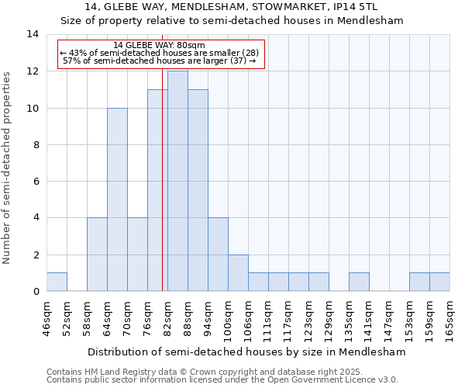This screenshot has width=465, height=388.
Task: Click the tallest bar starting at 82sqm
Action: pos(177,181)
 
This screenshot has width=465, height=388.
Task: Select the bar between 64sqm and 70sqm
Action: pos(117,199)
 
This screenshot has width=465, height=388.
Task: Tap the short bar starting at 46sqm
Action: pos(57,282)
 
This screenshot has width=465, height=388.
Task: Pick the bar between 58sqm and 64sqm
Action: pos(97,255)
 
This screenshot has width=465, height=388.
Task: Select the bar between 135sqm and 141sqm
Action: pos(359,282)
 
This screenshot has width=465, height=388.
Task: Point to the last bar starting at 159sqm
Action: pos(439,282)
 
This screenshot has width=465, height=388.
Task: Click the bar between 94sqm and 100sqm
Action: pos(218,255)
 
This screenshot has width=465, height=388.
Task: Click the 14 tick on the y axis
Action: pos(33,34)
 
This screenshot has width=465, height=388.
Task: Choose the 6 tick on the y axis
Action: pos(36,181)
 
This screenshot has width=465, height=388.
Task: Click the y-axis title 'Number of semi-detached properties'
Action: pos(8,168)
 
